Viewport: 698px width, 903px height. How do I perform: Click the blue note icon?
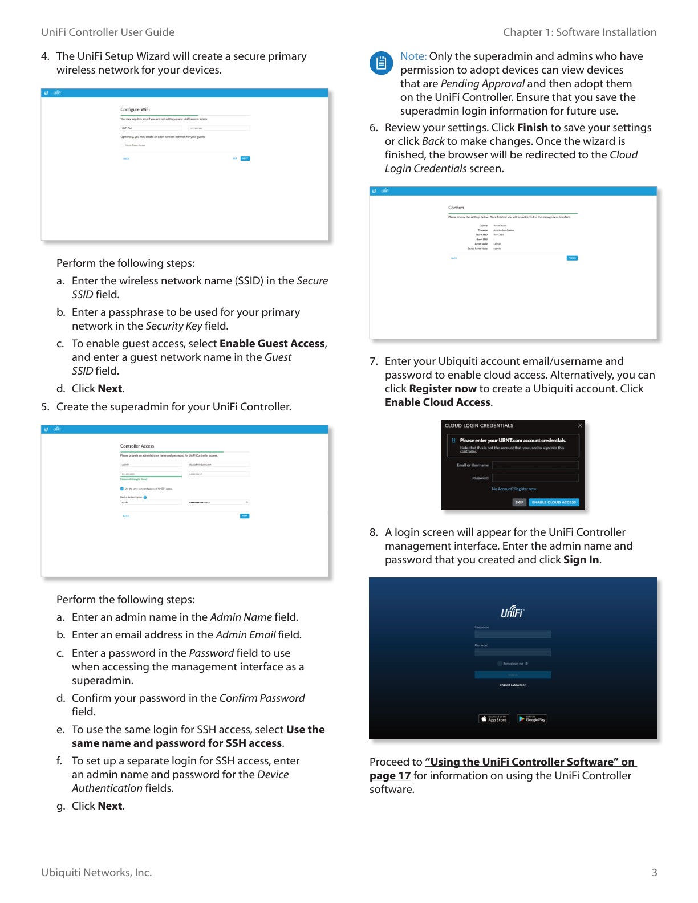click(381, 63)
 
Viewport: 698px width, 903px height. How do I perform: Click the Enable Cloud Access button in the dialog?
click(554, 502)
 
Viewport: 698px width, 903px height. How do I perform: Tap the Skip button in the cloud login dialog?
click(519, 502)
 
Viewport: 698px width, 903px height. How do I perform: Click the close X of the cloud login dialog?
click(580, 425)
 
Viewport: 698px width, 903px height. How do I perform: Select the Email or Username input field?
click(535, 465)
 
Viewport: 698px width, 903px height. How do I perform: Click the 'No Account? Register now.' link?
click(514, 489)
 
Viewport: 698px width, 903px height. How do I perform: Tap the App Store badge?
click(494, 719)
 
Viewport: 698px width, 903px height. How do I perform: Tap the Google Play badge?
click(532, 719)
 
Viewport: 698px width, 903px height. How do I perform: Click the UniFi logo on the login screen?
click(512, 612)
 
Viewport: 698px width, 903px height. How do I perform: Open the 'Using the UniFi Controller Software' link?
click(530, 762)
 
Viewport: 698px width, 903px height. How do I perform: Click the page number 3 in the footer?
click(654, 873)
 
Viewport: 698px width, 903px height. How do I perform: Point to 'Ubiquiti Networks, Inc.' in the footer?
click(96, 873)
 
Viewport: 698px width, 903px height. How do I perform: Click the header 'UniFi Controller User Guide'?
click(108, 32)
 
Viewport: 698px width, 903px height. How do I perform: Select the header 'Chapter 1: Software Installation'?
click(579, 32)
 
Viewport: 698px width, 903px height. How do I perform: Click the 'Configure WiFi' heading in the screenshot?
click(135, 109)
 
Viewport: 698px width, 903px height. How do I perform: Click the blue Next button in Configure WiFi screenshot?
click(245, 158)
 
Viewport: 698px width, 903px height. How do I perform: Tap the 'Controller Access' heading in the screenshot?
click(137, 446)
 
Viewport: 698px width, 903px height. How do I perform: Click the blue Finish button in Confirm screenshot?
click(572, 258)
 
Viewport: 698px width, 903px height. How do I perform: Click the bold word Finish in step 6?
click(532, 128)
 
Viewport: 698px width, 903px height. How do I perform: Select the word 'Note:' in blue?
click(413, 56)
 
